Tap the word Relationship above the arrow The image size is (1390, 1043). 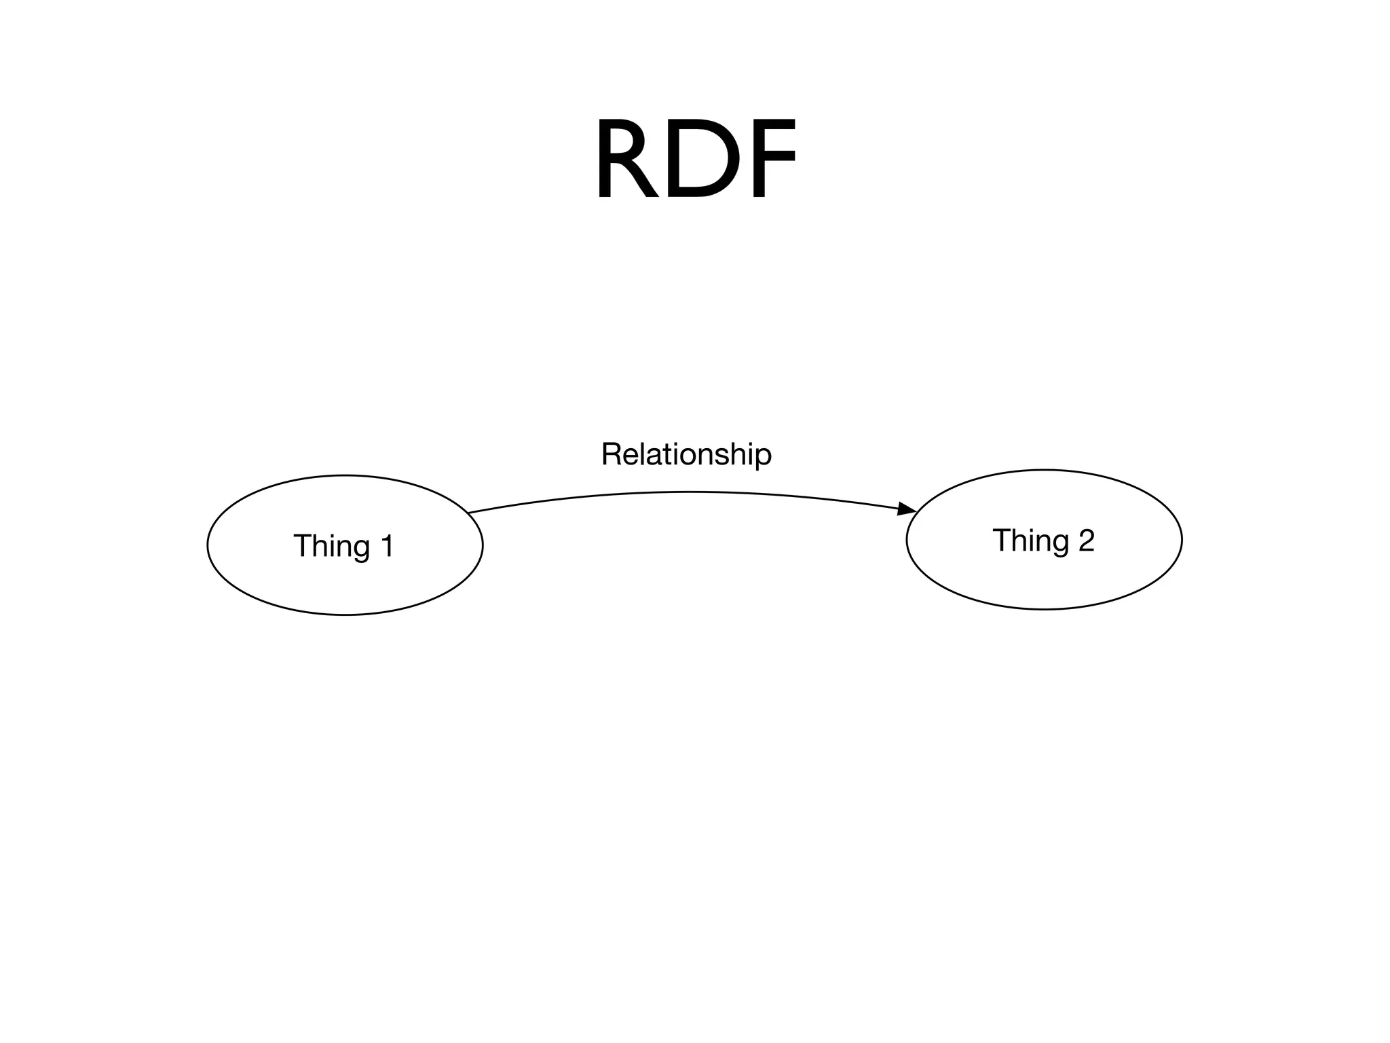686,454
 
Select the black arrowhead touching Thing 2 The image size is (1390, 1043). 907,509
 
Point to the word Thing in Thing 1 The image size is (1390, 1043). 331,546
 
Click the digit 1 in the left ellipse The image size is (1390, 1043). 387,545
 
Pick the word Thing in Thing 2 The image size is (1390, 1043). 1030,541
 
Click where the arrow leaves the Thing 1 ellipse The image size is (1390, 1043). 469,512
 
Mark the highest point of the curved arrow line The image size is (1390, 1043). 687,492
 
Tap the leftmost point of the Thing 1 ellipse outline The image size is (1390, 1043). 208,545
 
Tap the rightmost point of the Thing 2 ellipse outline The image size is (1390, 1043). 1182,539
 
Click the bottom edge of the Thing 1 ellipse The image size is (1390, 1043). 345,615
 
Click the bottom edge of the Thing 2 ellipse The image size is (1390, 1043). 1044,609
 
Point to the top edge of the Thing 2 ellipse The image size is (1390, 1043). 1044,470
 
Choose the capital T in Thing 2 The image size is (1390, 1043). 1001,541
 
